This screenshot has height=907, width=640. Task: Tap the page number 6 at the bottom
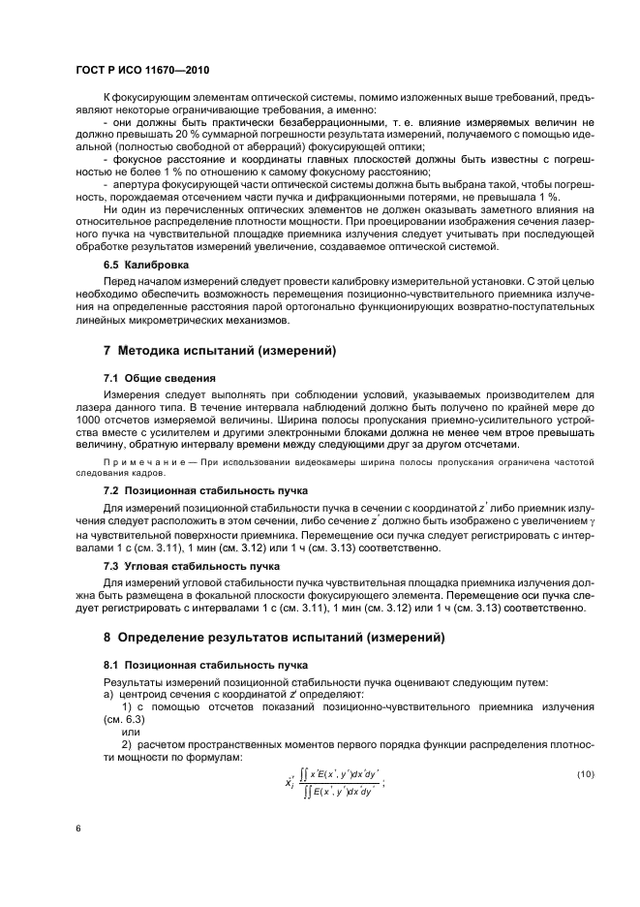click(x=79, y=829)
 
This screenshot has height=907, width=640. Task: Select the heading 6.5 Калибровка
click(x=146, y=264)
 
